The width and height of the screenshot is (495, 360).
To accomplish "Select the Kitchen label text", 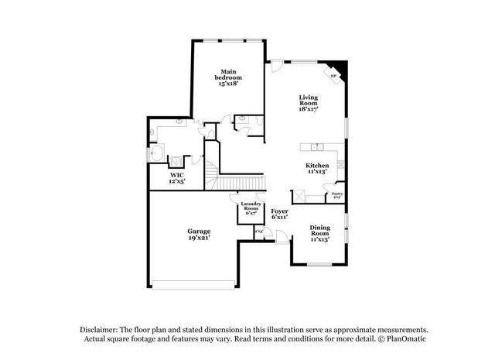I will tap(317, 166).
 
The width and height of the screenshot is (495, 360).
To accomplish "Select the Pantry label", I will tap(337, 195).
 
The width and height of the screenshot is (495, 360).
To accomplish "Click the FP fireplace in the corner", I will tap(334, 76).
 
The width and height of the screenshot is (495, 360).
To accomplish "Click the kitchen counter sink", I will tap(316, 147).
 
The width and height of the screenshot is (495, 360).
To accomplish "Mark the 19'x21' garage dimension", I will tap(199, 239).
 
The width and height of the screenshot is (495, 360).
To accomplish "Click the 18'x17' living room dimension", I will tap(309, 110).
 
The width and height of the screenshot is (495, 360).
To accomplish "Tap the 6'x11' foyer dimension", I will tap(279, 219).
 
